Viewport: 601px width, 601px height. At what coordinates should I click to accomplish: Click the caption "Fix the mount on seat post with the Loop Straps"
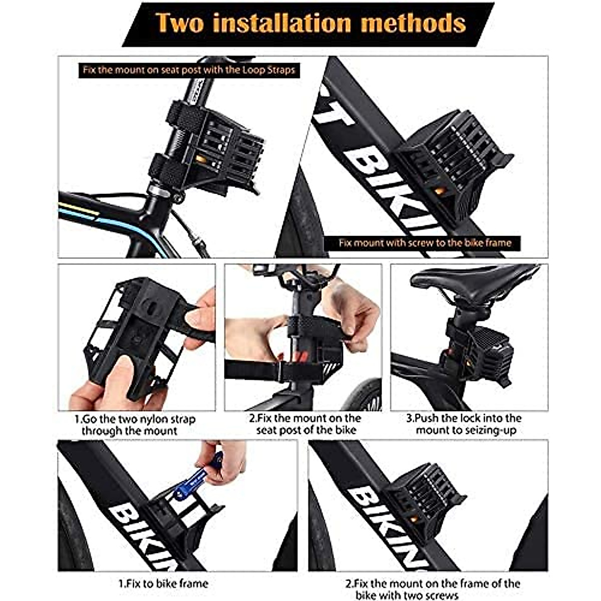click(x=189, y=70)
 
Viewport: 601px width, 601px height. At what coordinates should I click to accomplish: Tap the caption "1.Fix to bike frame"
click(x=163, y=583)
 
